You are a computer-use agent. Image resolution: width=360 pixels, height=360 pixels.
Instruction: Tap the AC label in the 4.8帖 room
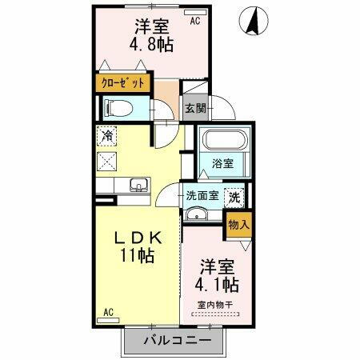click(195, 21)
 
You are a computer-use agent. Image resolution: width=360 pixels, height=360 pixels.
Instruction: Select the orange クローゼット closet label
click(123, 82)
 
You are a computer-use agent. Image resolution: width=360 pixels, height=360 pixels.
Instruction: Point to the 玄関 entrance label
click(195, 107)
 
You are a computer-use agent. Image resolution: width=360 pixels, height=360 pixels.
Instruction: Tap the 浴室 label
click(222, 164)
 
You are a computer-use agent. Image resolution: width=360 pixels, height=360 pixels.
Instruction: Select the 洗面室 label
click(202, 195)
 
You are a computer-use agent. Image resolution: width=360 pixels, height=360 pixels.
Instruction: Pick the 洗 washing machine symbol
click(234, 194)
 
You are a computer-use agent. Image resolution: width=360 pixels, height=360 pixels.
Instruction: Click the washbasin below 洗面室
click(197, 214)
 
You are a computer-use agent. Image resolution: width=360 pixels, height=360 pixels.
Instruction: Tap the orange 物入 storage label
click(238, 225)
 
